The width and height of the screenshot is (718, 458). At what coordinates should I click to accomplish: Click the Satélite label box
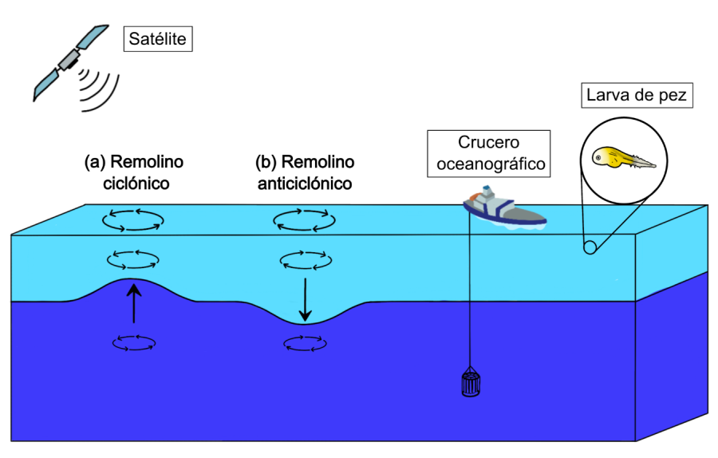(157, 39)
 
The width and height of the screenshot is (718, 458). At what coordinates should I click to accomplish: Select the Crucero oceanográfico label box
(489, 153)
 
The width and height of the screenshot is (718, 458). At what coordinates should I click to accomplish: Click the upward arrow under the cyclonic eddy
(134, 305)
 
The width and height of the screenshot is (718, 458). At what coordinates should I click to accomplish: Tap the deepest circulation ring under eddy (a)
(133, 343)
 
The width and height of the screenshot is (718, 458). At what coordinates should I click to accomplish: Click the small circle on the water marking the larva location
(590, 247)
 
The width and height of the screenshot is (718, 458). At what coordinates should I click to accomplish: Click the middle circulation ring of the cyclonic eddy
(133, 259)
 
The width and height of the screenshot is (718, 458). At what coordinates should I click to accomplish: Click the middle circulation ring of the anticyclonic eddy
(304, 259)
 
